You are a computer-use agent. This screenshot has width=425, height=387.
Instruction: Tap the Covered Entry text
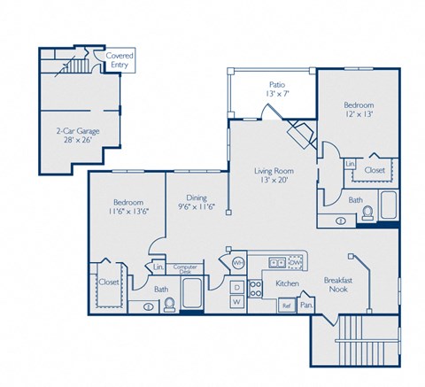point(120,59)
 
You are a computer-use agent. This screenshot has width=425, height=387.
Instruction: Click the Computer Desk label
point(185,268)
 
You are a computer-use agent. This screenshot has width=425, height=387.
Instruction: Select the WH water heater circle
point(237,262)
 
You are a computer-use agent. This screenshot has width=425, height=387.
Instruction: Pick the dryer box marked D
point(236,287)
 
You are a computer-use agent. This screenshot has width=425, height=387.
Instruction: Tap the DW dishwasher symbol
point(296,262)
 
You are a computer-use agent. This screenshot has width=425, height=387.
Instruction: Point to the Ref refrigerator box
point(286,306)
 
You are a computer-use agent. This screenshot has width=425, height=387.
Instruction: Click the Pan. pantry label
point(307,306)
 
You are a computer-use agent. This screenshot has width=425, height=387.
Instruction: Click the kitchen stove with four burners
point(256,288)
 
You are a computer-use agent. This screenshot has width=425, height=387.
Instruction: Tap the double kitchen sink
point(276,262)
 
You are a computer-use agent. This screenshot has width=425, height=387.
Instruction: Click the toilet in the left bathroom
point(170,305)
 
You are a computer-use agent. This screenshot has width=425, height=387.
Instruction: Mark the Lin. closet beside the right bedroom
point(350,165)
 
